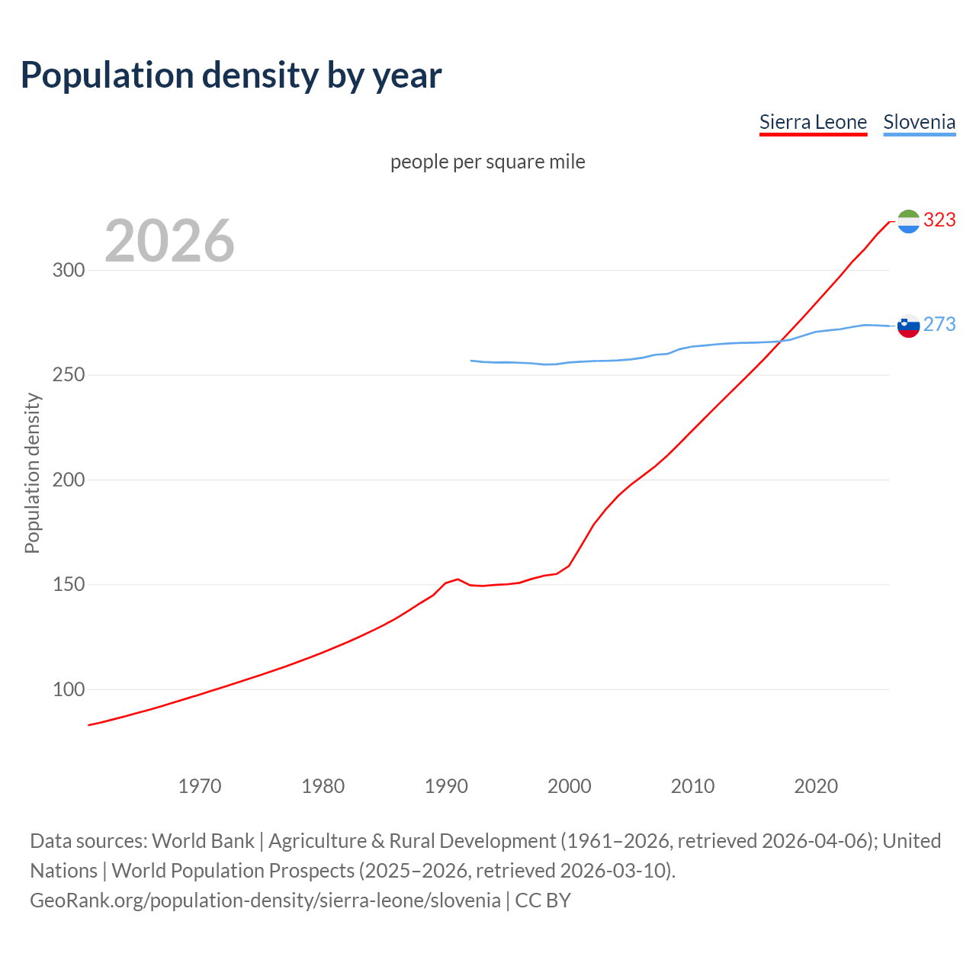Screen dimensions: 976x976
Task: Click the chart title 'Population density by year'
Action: (231, 75)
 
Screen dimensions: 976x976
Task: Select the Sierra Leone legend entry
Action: (813, 122)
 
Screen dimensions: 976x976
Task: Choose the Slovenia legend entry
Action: (919, 122)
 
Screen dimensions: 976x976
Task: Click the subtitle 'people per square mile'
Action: (487, 162)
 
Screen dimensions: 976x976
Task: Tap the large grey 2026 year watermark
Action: (169, 241)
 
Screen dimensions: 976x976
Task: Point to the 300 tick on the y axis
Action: (69, 271)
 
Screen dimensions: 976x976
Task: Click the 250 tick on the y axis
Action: (69, 375)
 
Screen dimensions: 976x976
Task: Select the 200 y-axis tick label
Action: (69, 480)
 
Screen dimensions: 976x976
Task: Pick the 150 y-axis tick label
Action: (69, 585)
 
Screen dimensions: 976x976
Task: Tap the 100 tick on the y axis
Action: (69, 690)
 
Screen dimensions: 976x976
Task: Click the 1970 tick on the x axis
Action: (200, 786)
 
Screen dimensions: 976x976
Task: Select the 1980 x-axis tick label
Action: (323, 786)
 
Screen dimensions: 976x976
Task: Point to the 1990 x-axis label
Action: (446, 786)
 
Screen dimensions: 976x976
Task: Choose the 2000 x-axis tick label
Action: (570, 786)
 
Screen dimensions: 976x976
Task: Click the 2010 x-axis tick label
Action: (692, 786)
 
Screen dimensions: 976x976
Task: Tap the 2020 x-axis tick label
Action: (816, 786)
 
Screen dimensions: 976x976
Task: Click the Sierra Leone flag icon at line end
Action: (908, 221)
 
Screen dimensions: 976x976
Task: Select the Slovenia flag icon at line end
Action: (908, 326)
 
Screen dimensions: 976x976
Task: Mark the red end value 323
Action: (939, 220)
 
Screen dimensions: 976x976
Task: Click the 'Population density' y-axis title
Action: (32, 473)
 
